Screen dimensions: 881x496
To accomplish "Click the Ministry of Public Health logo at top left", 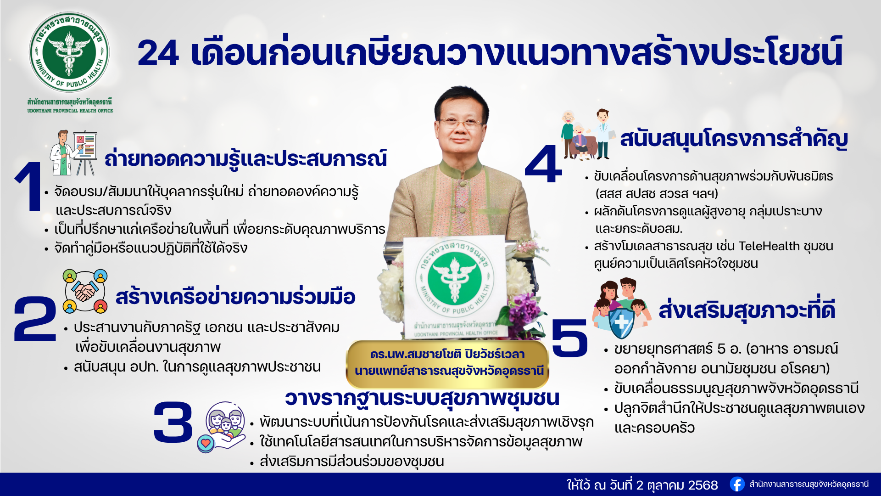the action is coord(69,52).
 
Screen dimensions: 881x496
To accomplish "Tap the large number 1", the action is coord(29,186).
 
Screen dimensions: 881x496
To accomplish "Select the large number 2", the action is coord(35,319).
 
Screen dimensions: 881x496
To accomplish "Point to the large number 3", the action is coord(173,422).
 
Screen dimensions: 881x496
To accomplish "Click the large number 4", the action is coord(544,164).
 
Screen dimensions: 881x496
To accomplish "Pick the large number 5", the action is coord(569,338).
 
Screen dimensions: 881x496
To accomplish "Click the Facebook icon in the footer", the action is coord(737,484).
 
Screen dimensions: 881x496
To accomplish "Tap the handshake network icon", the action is coord(85,292).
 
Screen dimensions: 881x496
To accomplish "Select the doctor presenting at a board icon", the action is coord(73,153).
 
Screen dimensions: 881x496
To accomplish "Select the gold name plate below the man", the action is coord(448,363).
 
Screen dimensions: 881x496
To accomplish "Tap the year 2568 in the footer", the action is coord(703,485).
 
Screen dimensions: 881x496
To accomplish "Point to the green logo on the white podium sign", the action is coord(454,278).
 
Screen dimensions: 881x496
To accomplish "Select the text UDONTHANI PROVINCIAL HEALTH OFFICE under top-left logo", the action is coord(70,111).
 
